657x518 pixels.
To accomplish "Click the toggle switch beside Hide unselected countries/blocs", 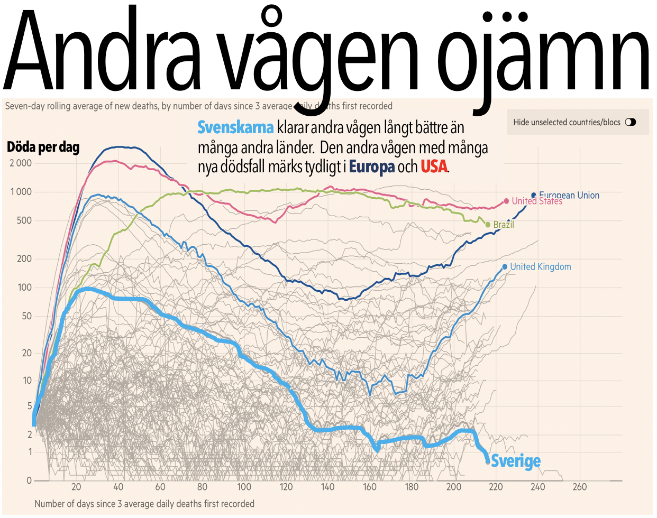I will [630, 122].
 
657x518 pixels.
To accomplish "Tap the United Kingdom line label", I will [540, 267].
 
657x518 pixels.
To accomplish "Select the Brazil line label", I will [503, 225].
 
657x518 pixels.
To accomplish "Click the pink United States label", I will [536, 201].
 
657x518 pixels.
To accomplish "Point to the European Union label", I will [569, 195].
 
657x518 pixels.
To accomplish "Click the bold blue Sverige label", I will [516, 461].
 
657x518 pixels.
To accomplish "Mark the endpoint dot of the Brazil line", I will [488, 225].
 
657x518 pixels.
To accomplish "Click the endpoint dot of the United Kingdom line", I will [505, 267].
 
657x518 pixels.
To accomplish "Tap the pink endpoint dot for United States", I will [506, 201].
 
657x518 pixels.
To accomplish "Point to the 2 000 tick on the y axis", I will [21, 163].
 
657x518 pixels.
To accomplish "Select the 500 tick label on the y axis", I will [24, 220].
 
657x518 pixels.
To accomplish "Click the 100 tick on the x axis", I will [244, 487].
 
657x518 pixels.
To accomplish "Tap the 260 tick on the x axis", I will [580, 487].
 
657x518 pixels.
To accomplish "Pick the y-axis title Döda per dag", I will [43, 147].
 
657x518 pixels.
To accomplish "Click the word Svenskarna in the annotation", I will [235, 127].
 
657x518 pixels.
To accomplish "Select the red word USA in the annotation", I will [434, 166].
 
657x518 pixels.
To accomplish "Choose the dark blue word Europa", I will [371, 166].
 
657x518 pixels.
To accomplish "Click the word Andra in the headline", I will [103, 50].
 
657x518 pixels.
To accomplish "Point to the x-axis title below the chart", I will [144, 504].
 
